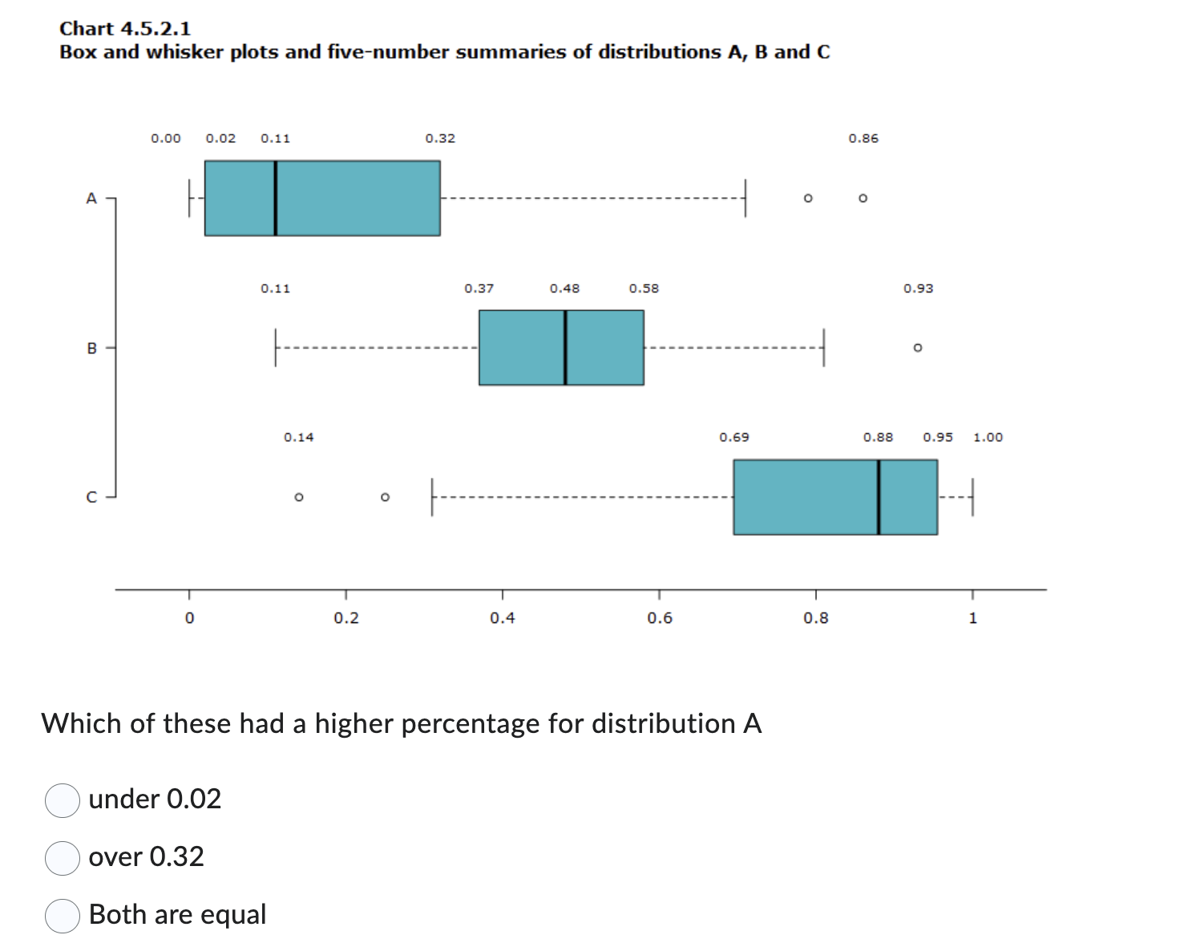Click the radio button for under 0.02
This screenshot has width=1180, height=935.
click(x=63, y=799)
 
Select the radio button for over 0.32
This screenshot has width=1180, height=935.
click(x=63, y=857)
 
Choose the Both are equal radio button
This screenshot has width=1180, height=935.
click(x=63, y=915)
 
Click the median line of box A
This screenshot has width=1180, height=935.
click(x=275, y=198)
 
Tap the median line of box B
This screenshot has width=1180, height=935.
click(x=565, y=347)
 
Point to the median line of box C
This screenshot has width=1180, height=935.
click(x=879, y=497)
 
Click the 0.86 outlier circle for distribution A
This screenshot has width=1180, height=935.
click(x=863, y=198)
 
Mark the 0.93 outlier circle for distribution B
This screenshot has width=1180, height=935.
click(x=918, y=347)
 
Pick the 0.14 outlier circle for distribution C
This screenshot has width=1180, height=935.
click(x=299, y=497)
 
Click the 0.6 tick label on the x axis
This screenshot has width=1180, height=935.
click(x=660, y=618)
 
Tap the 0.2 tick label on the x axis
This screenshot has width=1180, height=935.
click(x=346, y=618)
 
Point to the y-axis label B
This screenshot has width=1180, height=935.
click(x=91, y=348)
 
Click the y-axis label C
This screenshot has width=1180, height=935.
click(x=91, y=497)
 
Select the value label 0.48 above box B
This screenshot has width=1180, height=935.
click(x=564, y=288)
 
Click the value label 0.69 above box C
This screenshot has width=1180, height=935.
click(x=734, y=437)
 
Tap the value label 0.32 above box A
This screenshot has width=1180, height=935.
click(x=440, y=138)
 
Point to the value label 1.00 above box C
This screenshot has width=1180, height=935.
click(x=988, y=437)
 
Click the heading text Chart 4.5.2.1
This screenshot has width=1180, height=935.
click(x=125, y=29)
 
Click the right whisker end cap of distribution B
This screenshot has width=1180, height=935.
click(x=823, y=347)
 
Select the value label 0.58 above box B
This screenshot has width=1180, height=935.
click(x=644, y=288)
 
